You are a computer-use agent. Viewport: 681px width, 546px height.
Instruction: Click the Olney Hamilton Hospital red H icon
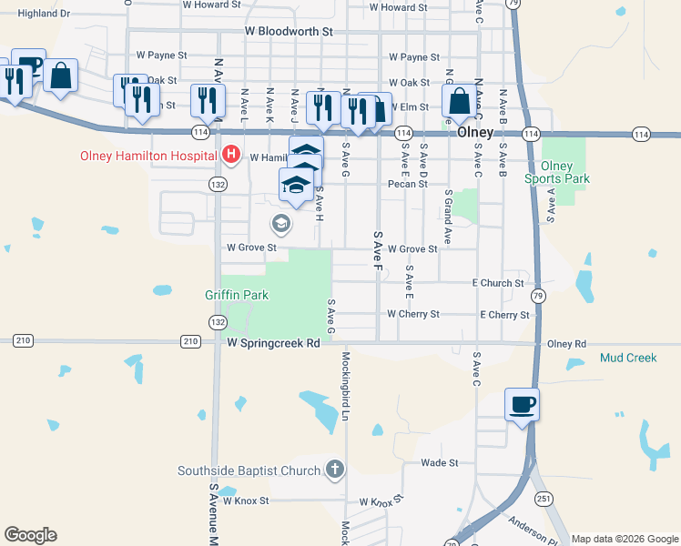231,155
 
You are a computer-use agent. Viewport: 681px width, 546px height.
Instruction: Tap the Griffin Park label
237,295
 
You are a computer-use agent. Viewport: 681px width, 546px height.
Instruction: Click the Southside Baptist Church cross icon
335,470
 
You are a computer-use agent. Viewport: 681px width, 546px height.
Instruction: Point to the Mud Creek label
628,358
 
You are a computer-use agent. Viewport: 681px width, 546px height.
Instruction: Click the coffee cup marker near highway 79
523,405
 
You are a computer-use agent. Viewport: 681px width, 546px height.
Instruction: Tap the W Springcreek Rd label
274,344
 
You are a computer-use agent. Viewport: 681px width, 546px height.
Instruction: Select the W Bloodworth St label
290,31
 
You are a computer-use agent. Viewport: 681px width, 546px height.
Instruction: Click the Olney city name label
475,132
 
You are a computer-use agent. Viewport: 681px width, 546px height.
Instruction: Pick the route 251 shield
544,498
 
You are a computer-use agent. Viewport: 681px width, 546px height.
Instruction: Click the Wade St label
439,463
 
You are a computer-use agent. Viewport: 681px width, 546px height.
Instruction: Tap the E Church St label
497,283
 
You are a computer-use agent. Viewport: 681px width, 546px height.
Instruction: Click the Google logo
30,535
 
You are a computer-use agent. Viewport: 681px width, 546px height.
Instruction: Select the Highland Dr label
44,14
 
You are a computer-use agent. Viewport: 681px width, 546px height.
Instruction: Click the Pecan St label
407,184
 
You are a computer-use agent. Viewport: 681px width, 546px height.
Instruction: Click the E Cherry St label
504,315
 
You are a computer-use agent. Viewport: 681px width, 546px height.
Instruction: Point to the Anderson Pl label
534,527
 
